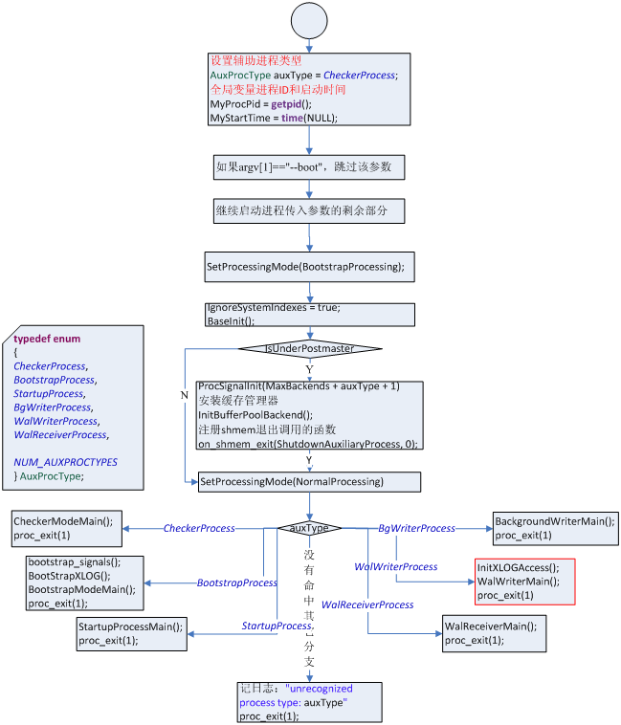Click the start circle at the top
coord(309,20)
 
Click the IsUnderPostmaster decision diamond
coord(309,349)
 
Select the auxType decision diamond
coord(309,528)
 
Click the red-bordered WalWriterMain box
coord(524,582)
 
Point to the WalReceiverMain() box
coord(490,633)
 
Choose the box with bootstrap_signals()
coord(84,582)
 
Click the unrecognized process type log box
coord(309,702)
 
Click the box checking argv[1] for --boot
coord(309,166)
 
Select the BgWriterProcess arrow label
coord(416,528)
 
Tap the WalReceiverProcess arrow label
coord(367,604)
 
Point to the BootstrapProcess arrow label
coord(236,582)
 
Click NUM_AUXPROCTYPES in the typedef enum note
coord(66,462)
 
